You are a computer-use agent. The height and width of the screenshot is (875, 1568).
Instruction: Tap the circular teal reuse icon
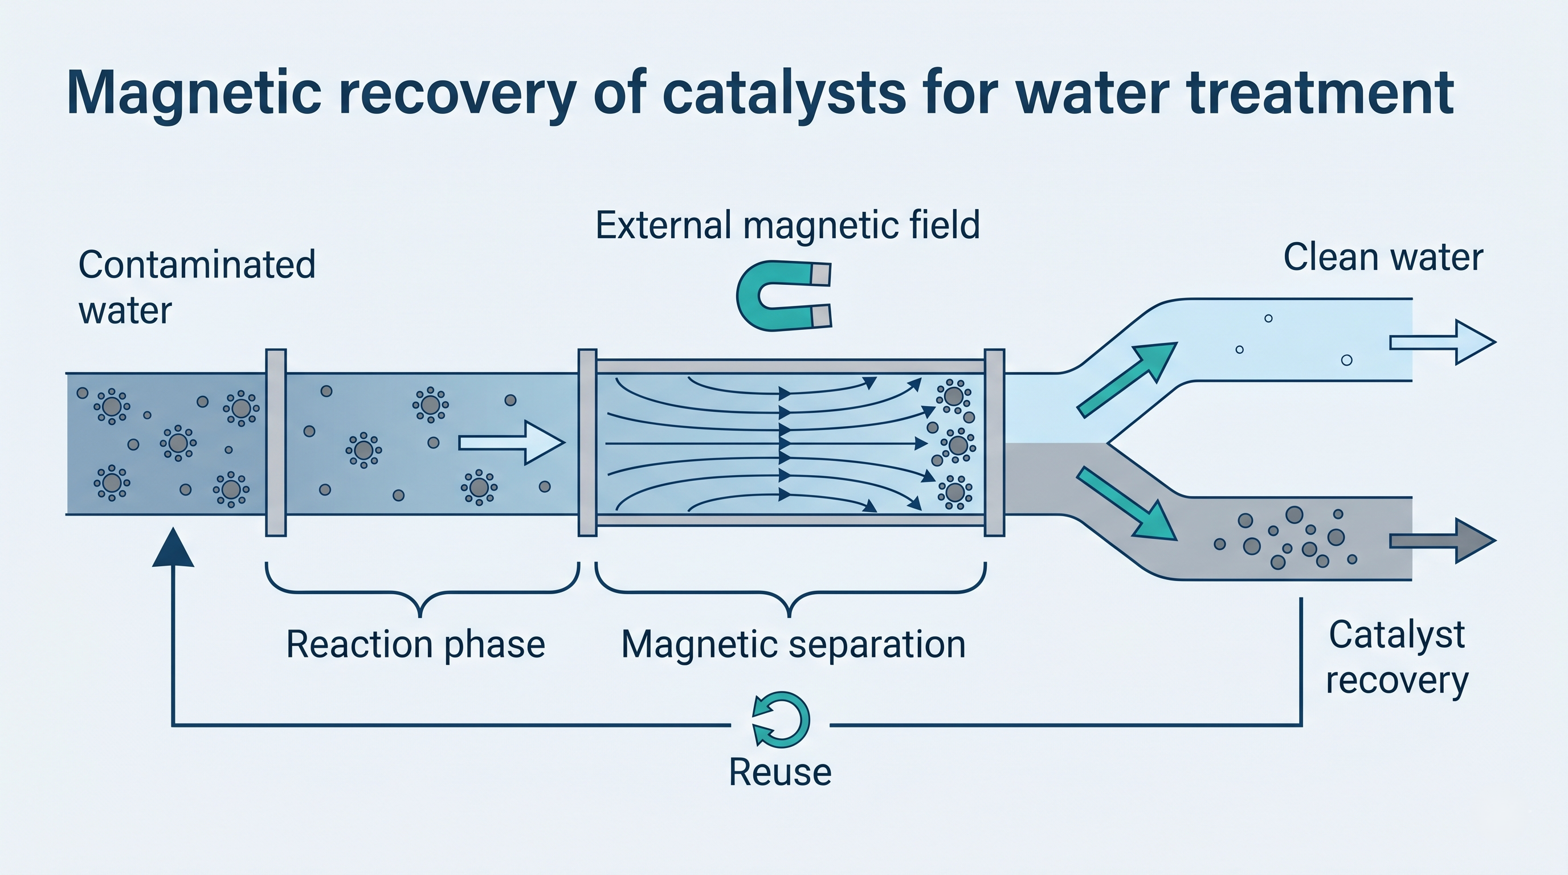click(x=781, y=719)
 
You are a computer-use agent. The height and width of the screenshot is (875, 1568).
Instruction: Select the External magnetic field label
click(x=787, y=225)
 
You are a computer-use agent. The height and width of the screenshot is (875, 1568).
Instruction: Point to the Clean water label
click(x=1383, y=257)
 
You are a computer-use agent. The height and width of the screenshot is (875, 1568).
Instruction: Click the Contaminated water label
click(x=196, y=287)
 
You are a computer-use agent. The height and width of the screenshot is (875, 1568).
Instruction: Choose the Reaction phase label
click(x=415, y=644)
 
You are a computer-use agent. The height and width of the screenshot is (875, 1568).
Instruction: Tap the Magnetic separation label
click(x=793, y=644)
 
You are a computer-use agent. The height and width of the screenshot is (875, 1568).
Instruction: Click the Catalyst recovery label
click(x=1397, y=657)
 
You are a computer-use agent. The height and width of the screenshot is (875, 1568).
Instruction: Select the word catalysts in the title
click(x=784, y=93)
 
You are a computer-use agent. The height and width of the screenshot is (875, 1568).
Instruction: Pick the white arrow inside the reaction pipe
click(x=510, y=443)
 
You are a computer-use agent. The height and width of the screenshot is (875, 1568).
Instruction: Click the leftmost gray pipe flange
click(x=276, y=443)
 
